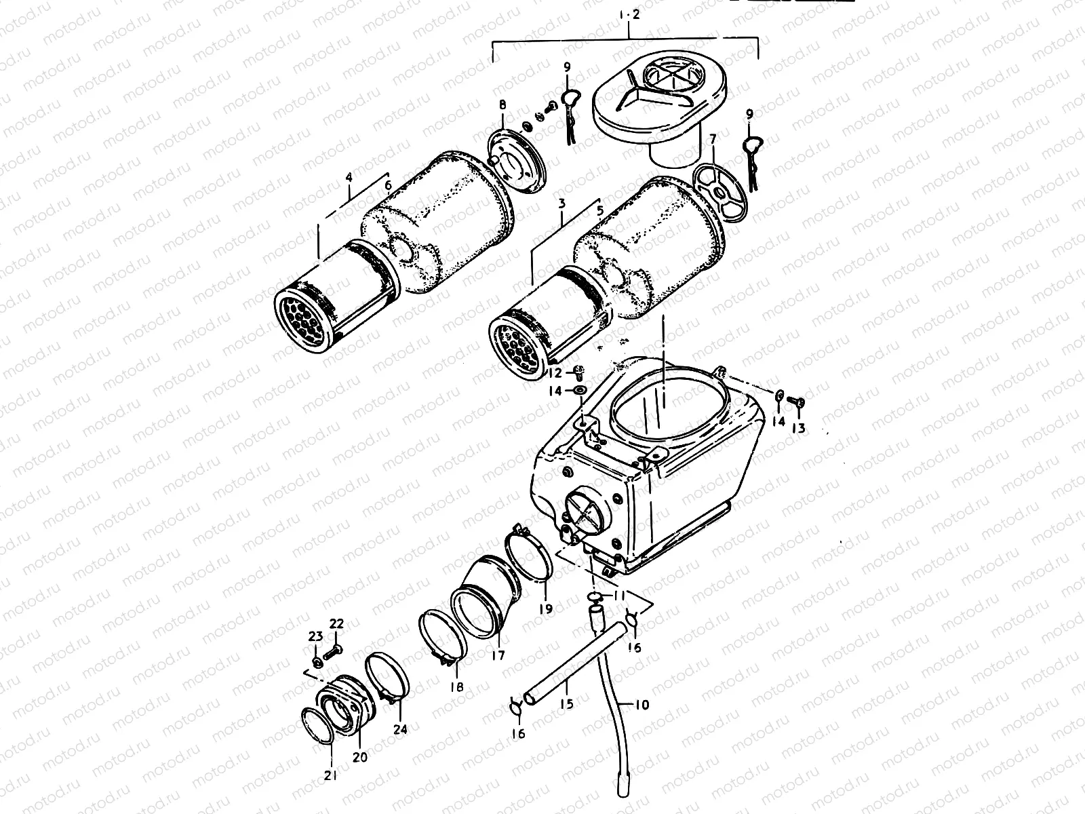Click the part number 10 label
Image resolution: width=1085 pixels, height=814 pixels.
pos(642,705)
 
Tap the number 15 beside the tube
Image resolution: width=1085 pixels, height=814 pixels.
pos(566,704)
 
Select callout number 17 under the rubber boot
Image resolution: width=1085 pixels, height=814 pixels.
pos(498,656)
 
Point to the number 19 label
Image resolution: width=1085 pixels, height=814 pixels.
pos(546,608)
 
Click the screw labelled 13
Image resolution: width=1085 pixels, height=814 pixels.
pos(798,404)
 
